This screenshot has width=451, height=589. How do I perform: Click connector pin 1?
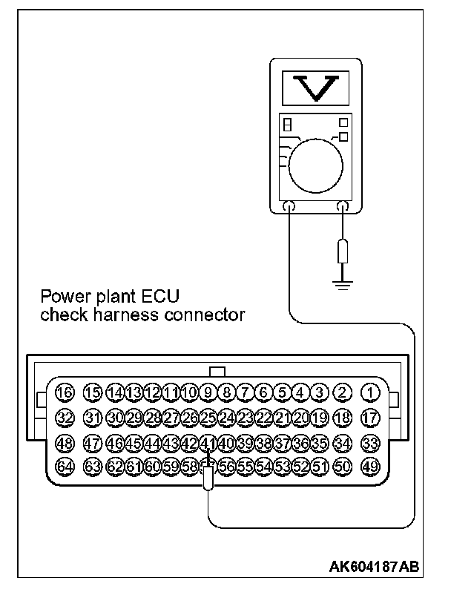(x=369, y=392)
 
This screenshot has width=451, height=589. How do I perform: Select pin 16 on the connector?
(x=65, y=392)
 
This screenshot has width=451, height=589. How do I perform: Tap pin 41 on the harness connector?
(x=208, y=443)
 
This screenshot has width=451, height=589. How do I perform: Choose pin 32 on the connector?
(x=65, y=418)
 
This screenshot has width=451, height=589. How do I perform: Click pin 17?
(x=369, y=418)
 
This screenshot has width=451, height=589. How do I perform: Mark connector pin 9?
(x=208, y=392)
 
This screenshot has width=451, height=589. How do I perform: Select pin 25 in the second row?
(x=208, y=418)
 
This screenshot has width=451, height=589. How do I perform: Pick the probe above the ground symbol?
(x=342, y=251)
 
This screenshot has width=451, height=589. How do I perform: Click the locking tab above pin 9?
(x=217, y=371)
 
